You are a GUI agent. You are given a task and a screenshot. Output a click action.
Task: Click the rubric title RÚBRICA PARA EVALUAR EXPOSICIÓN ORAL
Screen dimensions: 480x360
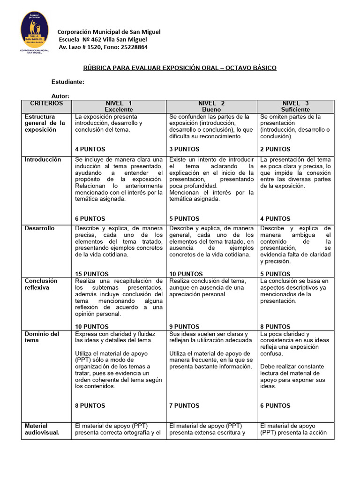pyautogui.click(x=180, y=68)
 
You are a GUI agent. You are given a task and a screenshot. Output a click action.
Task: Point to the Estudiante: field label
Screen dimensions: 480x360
pyautogui.click(x=67, y=82)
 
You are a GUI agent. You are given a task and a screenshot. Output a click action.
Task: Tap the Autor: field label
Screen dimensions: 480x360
pyautogui.click(x=60, y=96)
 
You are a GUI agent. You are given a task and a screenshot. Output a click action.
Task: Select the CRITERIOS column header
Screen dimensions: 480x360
pyautogui.click(x=46, y=103)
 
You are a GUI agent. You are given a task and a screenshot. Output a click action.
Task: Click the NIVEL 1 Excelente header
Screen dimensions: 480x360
pyautogui.click(x=119, y=106)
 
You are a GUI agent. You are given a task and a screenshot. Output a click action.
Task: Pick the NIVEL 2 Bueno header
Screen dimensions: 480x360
pyautogui.click(x=211, y=106)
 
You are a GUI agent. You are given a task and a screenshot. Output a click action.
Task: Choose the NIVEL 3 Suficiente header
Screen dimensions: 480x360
pyautogui.click(x=295, y=106)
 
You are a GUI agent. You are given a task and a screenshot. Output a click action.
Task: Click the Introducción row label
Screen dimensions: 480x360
pyautogui.click(x=43, y=160)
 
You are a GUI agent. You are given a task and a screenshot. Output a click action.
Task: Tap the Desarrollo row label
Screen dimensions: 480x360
pyautogui.click(x=39, y=228)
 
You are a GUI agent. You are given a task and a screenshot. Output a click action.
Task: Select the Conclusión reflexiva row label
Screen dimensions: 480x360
pyautogui.click(x=41, y=284)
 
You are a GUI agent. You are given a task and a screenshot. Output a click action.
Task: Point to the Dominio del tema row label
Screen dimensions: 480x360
pyautogui.click(x=42, y=337)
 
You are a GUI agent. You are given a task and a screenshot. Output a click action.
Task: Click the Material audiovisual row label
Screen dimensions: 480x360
pyautogui.click(x=42, y=429)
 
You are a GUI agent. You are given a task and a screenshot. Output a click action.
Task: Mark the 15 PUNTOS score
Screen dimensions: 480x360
pyautogui.click(x=92, y=274)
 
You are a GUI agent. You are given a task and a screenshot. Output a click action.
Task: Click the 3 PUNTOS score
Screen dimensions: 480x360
pyautogui.click(x=184, y=149)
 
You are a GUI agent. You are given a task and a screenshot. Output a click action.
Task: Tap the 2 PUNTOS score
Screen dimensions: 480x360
pyautogui.click(x=275, y=149)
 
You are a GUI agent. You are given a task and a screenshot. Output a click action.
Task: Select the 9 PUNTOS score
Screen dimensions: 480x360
pyautogui.click(x=184, y=327)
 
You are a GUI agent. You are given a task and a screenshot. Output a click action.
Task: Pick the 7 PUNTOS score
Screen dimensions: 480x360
pyautogui.click(x=184, y=405)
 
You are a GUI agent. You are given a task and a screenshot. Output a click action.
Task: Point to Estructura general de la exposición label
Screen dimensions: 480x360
pyautogui.click(x=43, y=123)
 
